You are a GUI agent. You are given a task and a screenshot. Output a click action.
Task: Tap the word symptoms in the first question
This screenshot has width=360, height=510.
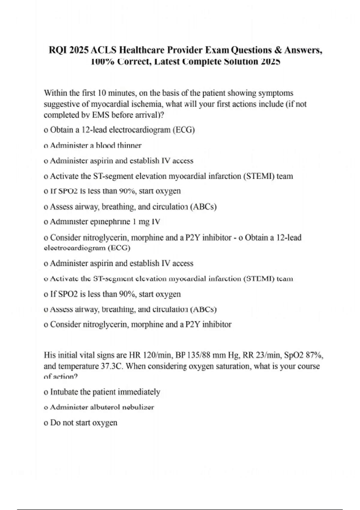[x=276, y=93]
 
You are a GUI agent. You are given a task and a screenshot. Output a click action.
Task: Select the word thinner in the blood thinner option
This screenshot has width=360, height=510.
[x=129, y=146]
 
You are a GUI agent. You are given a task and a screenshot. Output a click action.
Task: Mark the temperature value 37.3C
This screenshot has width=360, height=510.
[x=111, y=367]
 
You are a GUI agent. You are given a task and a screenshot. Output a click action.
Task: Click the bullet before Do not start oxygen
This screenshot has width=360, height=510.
[x=46, y=423]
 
